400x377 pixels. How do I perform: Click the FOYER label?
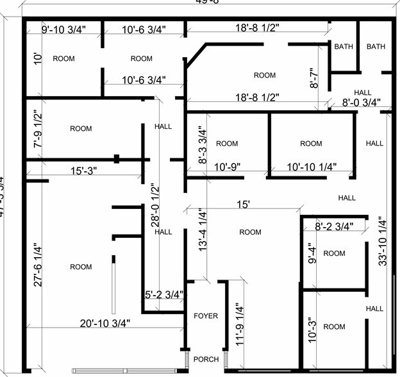[206, 316]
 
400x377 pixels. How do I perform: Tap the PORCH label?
[206, 359]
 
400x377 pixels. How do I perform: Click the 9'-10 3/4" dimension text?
[63, 29]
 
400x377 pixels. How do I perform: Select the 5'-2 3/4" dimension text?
[163, 295]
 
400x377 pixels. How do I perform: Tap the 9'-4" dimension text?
[312, 253]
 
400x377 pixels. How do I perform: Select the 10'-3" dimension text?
[312, 326]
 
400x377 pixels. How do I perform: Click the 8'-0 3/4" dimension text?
[361, 102]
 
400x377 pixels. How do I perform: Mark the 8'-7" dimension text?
[314, 76]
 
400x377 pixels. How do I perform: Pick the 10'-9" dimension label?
[227, 166]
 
